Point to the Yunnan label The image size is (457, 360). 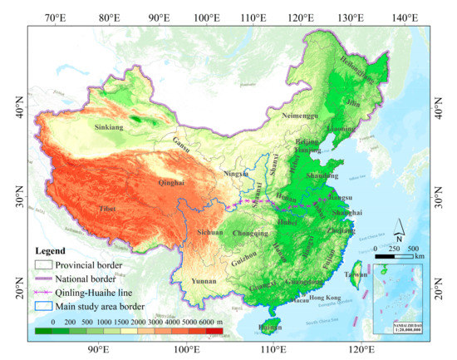pyautogui.click(x=205, y=281)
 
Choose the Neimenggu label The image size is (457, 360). pyautogui.click(x=301, y=116)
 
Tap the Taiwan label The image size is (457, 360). pyautogui.click(x=356, y=274)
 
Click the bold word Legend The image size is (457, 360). pyautogui.click(x=52, y=250)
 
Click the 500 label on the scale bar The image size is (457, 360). pyautogui.click(x=414, y=248)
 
